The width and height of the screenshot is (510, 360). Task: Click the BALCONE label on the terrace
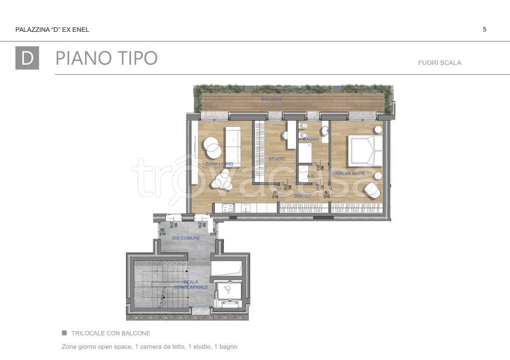point(271,100)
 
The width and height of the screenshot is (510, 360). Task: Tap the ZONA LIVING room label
point(219,164)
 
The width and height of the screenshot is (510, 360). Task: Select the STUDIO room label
point(277,159)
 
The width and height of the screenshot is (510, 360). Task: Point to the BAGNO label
point(311,139)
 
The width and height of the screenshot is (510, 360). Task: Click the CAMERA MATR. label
point(349,174)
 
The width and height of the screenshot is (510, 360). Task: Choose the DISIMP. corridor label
point(303,196)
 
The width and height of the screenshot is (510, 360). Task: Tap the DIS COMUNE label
point(186,238)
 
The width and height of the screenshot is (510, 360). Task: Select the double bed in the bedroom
point(365,150)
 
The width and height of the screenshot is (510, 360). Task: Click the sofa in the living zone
point(233,146)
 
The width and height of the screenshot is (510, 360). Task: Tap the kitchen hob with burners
point(228,208)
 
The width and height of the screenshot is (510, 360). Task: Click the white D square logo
point(27,58)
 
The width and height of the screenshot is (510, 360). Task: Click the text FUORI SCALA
point(440,63)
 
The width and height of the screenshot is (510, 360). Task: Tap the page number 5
point(485,29)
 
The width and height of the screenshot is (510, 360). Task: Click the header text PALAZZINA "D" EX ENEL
point(52,30)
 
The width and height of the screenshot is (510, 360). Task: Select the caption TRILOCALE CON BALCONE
point(111,333)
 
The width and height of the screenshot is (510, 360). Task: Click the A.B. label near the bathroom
point(310,176)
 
